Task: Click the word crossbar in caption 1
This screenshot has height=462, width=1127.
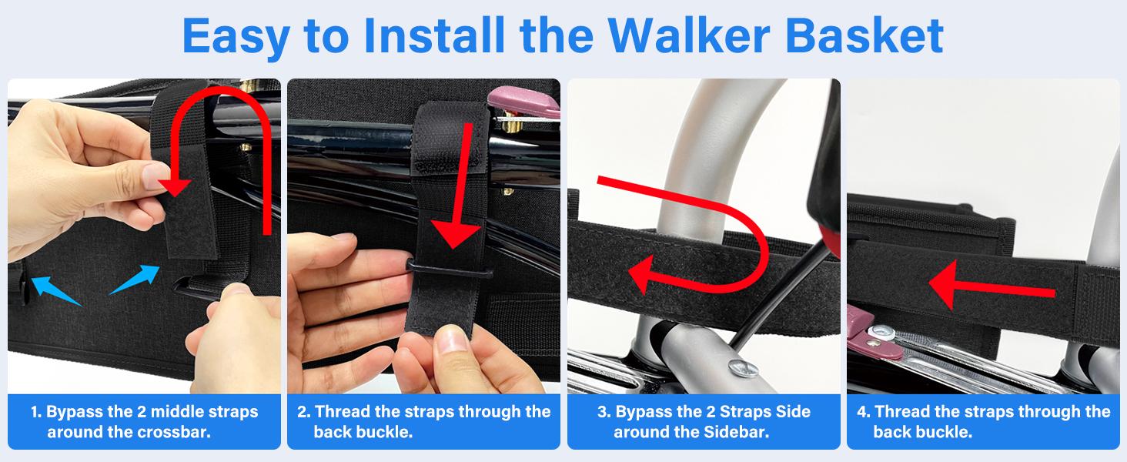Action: [174, 432]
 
